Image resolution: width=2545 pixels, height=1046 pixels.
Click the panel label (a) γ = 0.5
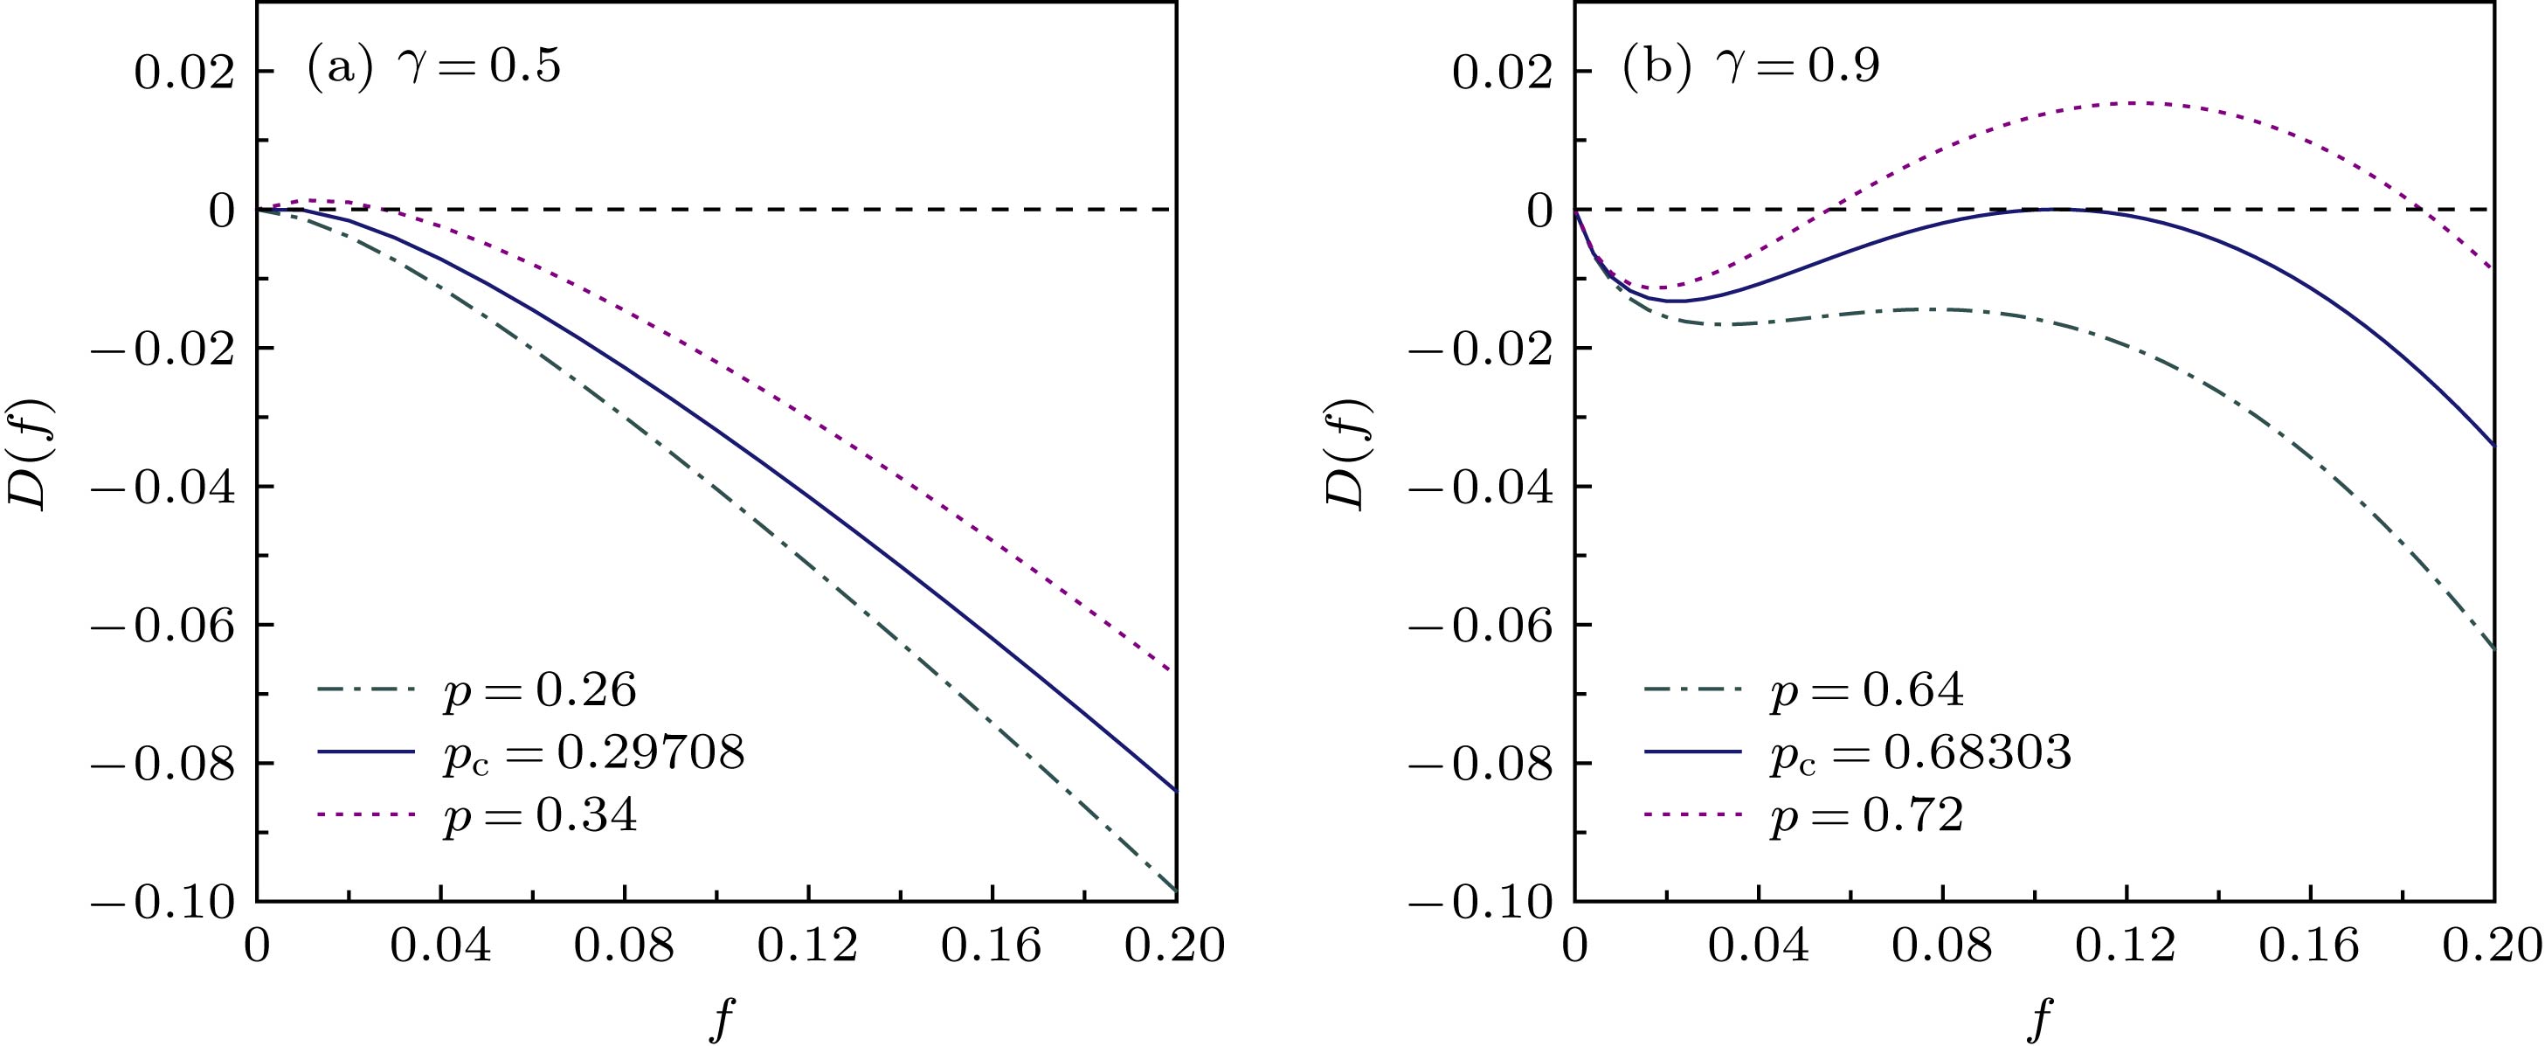tap(433, 67)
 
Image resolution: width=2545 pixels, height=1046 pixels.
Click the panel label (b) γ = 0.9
tap(1751, 67)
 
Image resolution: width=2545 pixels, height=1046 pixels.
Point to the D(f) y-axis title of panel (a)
tap(30, 454)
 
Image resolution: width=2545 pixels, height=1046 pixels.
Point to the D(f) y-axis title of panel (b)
tap(1346, 454)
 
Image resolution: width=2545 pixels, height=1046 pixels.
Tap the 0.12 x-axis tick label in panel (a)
tap(808, 946)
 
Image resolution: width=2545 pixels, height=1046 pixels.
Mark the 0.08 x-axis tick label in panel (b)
tap(1942, 946)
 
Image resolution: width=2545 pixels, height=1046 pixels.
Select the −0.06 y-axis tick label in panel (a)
tap(164, 625)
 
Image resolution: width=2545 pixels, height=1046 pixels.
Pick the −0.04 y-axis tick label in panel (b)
tap(1481, 487)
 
